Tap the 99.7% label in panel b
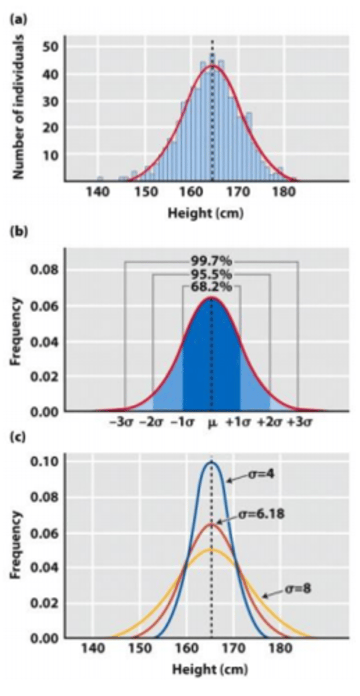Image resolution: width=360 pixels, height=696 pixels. [x=211, y=261]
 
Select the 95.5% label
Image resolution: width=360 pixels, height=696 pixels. [x=211, y=274]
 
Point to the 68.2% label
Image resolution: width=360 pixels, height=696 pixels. [x=211, y=287]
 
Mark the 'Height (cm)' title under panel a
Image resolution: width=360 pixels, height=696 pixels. [x=206, y=213]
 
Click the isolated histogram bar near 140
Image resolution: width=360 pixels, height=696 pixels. [x=100, y=179]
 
